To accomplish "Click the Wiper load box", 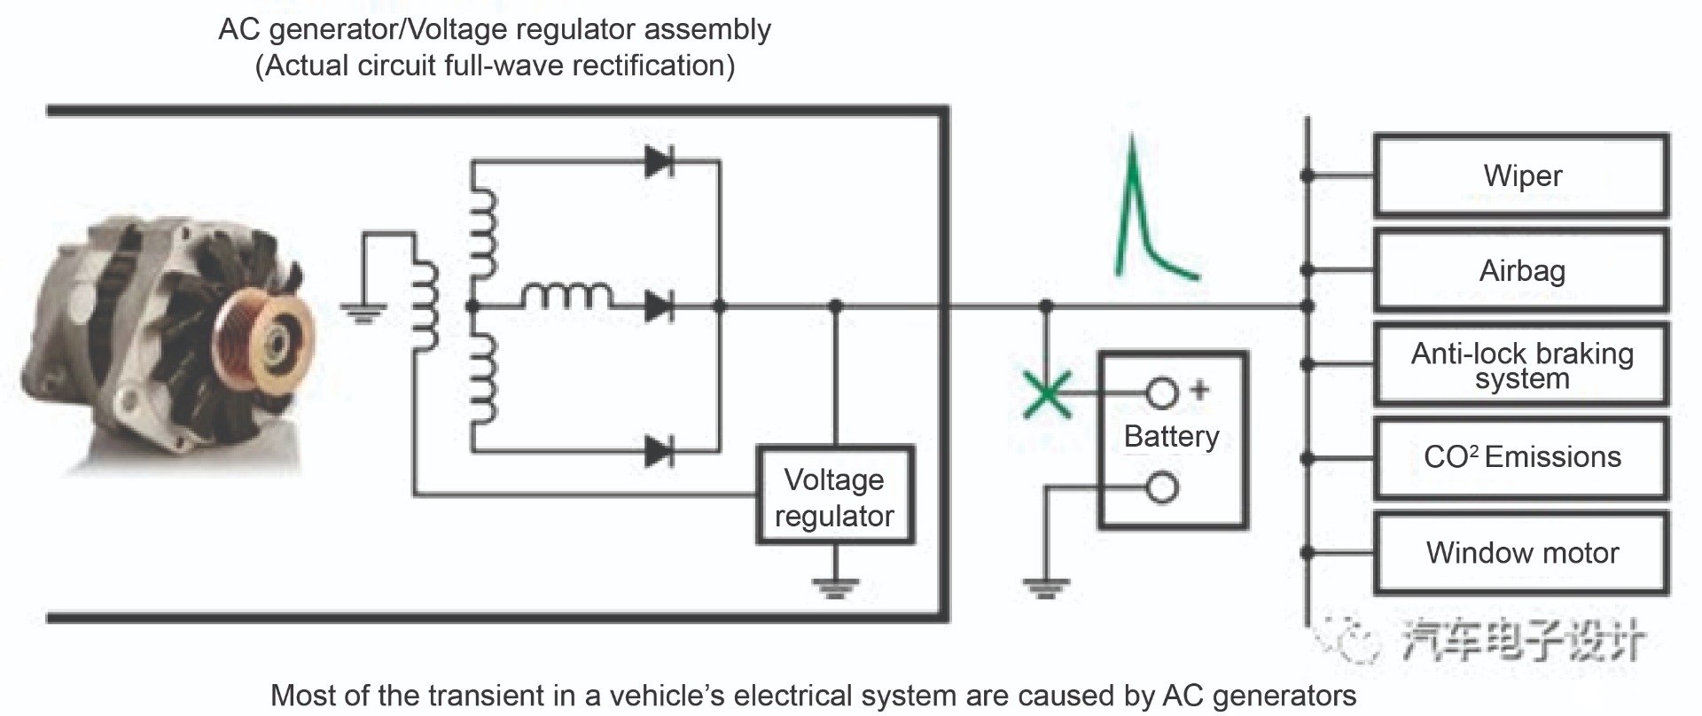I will click(1521, 175).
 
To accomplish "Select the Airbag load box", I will click(1521, 270).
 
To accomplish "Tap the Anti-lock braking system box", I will click(1521, 365).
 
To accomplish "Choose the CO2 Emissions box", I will click(1521, 458).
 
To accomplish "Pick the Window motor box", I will click(1521, 553).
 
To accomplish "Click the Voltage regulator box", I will click(833, 497).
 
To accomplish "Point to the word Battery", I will click(1171, 436).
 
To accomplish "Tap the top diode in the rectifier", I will click(659, 161).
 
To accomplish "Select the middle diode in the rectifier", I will click(659, 307).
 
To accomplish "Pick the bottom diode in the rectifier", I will click(659, 451).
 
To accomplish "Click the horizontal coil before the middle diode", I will click(566, 296).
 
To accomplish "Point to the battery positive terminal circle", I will click(1162, 393).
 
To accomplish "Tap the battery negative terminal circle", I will click(1162, 487).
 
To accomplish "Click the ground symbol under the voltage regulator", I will click(834, 587).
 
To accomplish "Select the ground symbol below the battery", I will click(1046, 587).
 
